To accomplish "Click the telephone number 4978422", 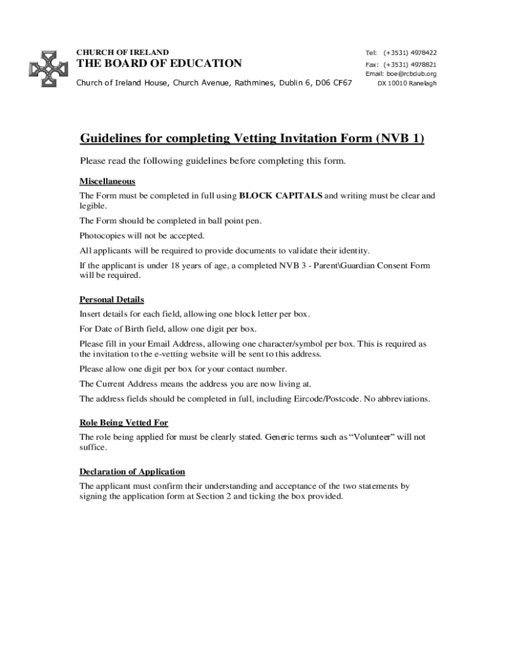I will [x=424, y=52].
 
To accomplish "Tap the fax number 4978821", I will [x=424, y=64].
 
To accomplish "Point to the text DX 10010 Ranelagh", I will [x=407, y=83].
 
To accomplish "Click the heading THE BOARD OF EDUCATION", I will [x=159, y=64].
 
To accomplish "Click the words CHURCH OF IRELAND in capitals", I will [x=123, y=52].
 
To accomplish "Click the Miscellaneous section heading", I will [x=107, y=181].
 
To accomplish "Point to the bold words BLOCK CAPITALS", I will [x=281, y=195].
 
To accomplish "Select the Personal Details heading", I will [x=111, y=299].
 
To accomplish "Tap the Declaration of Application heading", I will [x=132, y=472].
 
